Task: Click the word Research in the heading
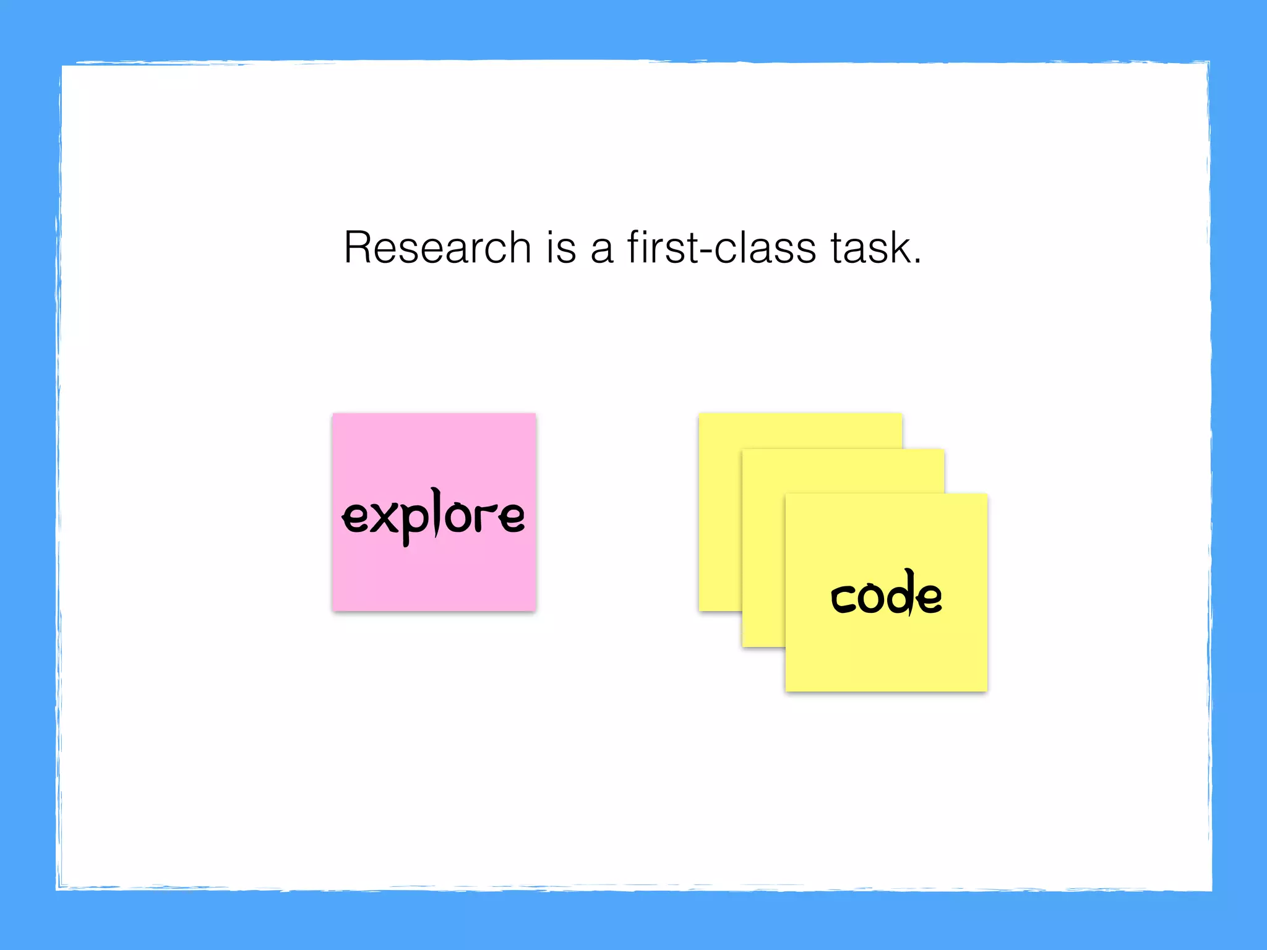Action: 437,248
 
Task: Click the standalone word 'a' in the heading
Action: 602,250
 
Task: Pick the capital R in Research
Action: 358,248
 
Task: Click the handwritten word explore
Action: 433,516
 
